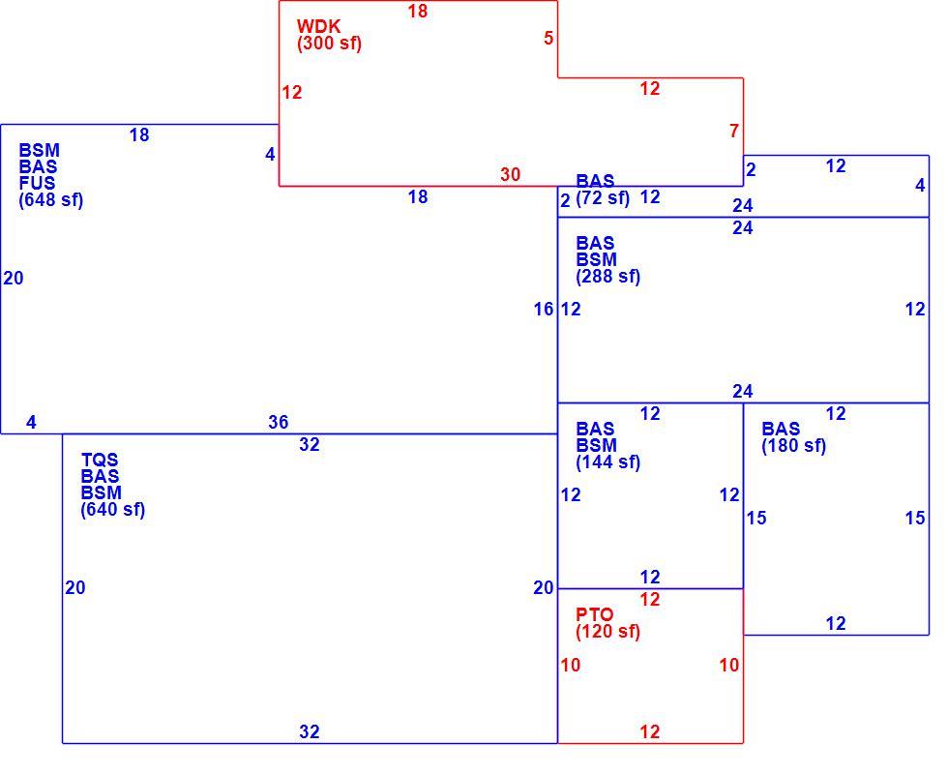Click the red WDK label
click(318, 27)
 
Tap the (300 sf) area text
click(329, 44)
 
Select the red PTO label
click(594, 615)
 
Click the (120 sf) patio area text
click(607, 632)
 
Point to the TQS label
click(100, 461)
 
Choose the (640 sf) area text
click(113, 510)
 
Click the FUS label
click(37, 183)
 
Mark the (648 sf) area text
click(50, 200)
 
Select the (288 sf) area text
click(607, 277)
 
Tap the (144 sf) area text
click(607, 462)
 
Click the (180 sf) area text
click(793, 446)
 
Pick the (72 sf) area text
click(602, 198)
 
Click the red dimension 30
click(511, 175)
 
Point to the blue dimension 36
click(279, 422)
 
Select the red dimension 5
click(548, 38)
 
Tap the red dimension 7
click(734, 131)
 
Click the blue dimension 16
click(544, 310)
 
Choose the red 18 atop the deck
click(418, 11)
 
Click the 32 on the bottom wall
click(309, 732)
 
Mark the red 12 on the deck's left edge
click(292, 93)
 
